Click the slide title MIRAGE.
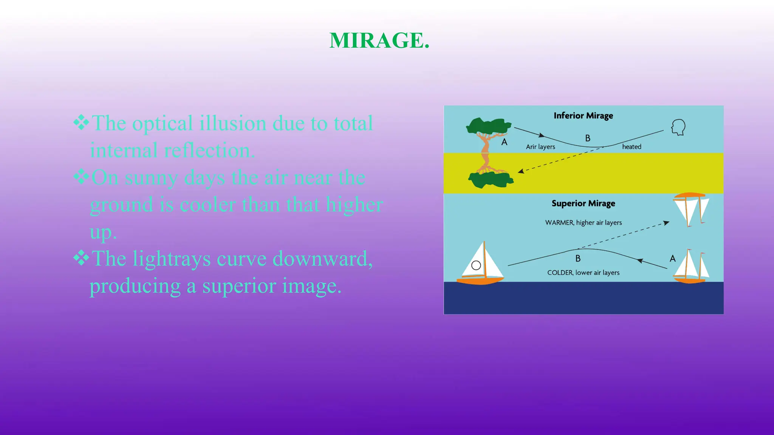coord(379,40)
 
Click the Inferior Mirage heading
coord(583,116)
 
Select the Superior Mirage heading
coord(583,204)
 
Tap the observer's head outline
coord(678,127)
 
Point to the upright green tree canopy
coord(488,126)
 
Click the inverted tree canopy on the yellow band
coord(491,179)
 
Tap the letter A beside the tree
coord(504,142)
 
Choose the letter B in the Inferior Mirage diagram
coord(588,139)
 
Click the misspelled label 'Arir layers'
coord(540,147)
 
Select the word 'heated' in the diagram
coord(632,147)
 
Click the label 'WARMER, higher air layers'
coord(583,223)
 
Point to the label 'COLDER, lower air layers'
coord(583,273)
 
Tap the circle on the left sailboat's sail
coord(476,265)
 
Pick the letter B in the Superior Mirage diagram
coord(578,259)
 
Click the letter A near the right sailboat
coord(672,259)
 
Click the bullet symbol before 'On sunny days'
coord(81,176)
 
